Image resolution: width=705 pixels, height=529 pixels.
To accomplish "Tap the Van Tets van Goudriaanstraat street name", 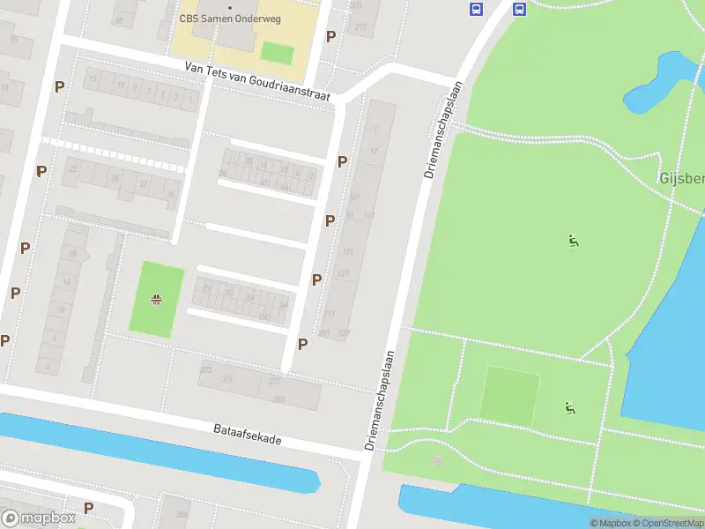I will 257,80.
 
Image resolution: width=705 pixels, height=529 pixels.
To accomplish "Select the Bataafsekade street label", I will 247,433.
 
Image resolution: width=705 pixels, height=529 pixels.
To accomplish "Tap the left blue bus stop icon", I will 476,10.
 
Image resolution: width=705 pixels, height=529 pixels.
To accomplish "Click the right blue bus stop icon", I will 519,10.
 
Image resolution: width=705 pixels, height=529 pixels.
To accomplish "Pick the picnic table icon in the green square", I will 156,300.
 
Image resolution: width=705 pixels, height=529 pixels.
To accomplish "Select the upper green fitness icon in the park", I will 573,239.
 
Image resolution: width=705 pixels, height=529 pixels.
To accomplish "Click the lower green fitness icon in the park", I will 569,407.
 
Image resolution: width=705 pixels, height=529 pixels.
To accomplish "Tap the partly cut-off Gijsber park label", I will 681,179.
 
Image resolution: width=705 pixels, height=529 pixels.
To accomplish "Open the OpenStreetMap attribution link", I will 668,523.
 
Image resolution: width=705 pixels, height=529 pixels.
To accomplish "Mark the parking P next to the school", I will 330,36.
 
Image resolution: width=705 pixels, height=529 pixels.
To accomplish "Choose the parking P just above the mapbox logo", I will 88,507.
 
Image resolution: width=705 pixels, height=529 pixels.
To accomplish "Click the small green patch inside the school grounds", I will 277,52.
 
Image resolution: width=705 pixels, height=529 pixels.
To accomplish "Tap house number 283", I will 278,399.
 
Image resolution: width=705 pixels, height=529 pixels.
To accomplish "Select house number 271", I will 275,382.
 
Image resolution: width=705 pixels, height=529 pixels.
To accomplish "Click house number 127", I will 344,274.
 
